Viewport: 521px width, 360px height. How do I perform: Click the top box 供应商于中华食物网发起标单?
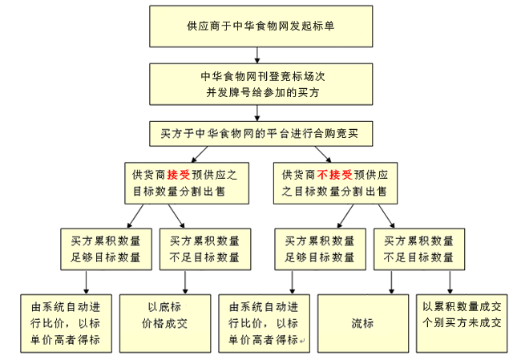point(260,26)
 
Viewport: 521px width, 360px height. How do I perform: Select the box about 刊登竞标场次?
point(260,83)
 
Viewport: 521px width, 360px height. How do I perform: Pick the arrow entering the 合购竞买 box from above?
point(256,115)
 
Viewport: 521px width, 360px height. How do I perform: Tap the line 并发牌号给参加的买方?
point(260,92)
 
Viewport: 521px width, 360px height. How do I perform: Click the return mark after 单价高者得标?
point(303,340)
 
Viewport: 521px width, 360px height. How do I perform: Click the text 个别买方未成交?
point(462,323)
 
